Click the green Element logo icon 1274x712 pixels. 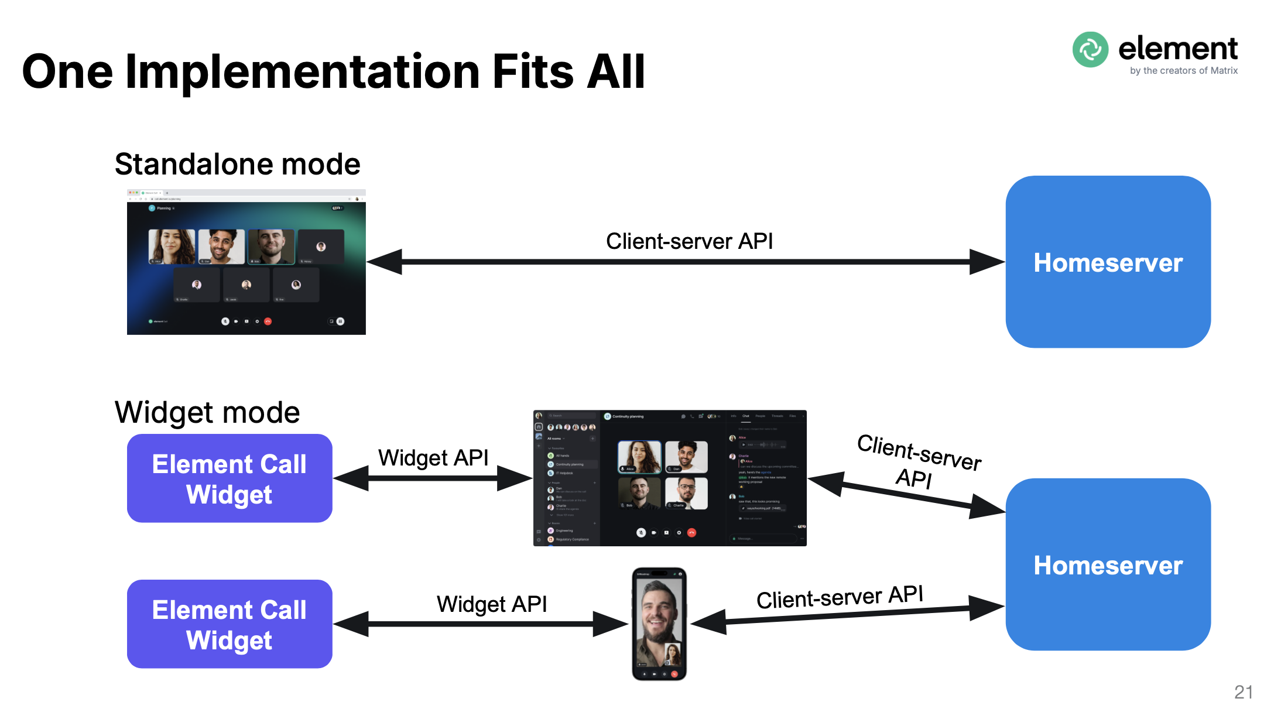[x=1090, y=50]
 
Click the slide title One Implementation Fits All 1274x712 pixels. [x=333, y=71]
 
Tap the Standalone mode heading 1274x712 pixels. [x=237, y=164]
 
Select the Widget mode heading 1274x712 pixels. [x=207, y=412]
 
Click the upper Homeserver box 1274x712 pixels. [x=1108, y=262]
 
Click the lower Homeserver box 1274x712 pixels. [x=1108, y=564]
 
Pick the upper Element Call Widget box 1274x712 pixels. [x=230, y=478]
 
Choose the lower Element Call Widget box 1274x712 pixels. [x=230, y=624]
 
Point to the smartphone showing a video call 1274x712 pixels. [x=659, y=624]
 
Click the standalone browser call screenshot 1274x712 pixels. [x=246, y=262]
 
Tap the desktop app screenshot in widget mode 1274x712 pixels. [x=670, y=478]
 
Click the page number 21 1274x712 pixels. [x=1243, y=692]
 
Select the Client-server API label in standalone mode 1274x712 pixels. [x=689, y=241]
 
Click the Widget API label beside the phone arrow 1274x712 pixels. [x=492, y=604]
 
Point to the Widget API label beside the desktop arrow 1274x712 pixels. [x=433, y=457]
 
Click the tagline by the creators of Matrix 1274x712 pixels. [x=1183, y=71]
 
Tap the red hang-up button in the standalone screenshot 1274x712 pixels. [x=268, y=321]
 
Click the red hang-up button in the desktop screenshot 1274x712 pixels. [x=691, y=533]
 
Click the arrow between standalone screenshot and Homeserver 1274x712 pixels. [x=685, y=262]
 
